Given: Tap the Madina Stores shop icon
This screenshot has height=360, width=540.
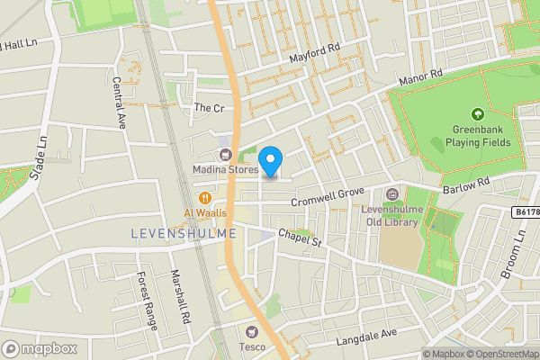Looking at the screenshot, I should (224, 155).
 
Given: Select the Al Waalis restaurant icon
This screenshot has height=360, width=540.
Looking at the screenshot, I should (205, 198).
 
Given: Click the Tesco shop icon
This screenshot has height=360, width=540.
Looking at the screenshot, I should (250, 331).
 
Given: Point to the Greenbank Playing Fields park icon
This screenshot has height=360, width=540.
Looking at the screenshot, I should (477, 114).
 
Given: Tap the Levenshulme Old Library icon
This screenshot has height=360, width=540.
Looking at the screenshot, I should (392, 194).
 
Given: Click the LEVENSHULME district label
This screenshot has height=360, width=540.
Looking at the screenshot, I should (184, 233).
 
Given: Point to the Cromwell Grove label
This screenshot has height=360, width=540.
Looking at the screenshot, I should (327, 191).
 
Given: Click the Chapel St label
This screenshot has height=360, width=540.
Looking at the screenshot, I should (299, 237).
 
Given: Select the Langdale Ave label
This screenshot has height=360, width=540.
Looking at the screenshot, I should (366, 337).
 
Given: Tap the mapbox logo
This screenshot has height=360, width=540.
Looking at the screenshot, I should (39, 348).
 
